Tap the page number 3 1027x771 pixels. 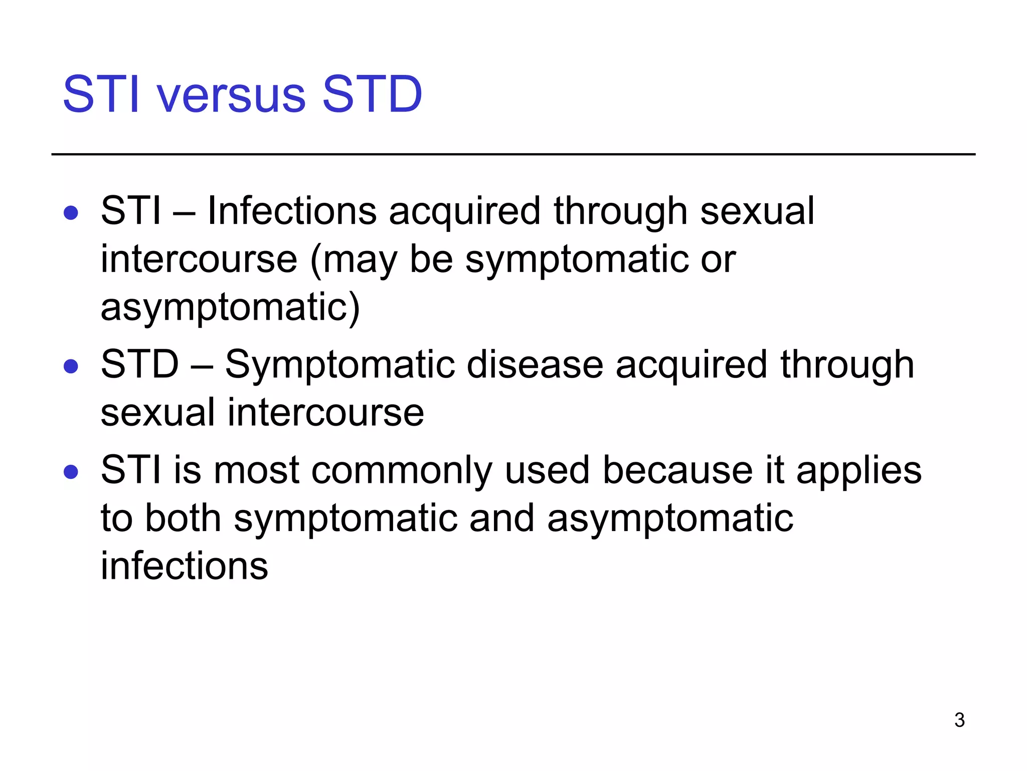tap(959, 720)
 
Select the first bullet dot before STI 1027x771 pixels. tap(71, 213)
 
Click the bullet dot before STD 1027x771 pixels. tap(71, 366)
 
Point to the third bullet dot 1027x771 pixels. tap(71, 472)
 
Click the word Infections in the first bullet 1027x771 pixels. tap(292, 211)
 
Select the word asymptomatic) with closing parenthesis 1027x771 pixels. tap(230, 307)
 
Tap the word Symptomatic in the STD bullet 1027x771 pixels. tap(339, 364)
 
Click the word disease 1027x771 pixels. tap(535, 364)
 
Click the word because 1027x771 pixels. tap(677, 470)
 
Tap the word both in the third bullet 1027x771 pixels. tap(183, 518)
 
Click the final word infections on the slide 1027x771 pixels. tap(184, 566)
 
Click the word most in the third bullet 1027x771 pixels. tap(256, 471)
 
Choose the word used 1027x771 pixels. tap(547, 471)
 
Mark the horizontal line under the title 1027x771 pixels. tap(513, 154)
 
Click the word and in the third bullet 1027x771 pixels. tap(502, 518)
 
